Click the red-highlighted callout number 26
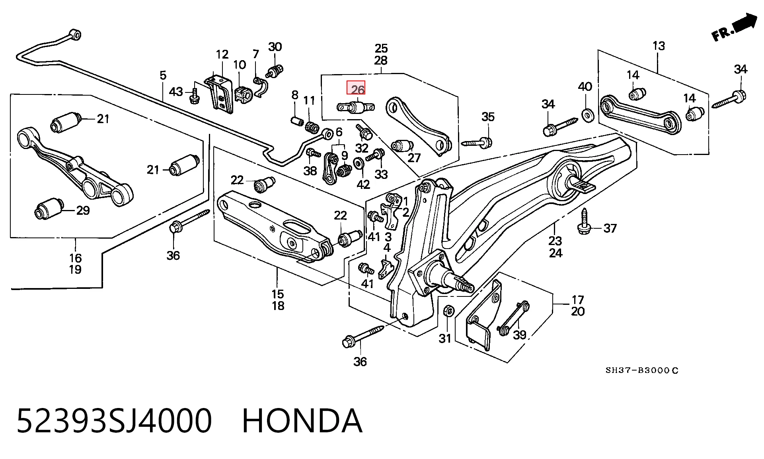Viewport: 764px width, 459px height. coord(357,89)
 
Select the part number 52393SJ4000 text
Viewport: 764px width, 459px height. coord(114,421)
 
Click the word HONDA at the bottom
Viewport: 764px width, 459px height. coord(302,421)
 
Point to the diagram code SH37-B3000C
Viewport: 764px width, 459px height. coord(642,371)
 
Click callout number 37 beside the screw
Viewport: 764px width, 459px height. coord(610,228)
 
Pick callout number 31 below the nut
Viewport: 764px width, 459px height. coord(445,338)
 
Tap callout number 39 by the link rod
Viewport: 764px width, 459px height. coord(520,335)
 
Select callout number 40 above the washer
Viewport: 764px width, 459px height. coord(585,87)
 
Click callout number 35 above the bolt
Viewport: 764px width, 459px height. coord(488,117)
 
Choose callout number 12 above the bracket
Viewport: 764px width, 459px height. coord(222,54)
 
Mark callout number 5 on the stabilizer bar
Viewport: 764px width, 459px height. coord(163,75)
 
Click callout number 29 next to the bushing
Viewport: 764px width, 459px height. coord(83,210)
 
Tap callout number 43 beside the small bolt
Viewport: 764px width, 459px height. coord(176,92)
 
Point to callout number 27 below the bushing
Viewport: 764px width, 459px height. coord(414,158)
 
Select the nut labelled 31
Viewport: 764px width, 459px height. coord(447,310)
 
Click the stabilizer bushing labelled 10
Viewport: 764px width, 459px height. coord(244,94)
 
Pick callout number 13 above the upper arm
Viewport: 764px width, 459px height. coord(659,46)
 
